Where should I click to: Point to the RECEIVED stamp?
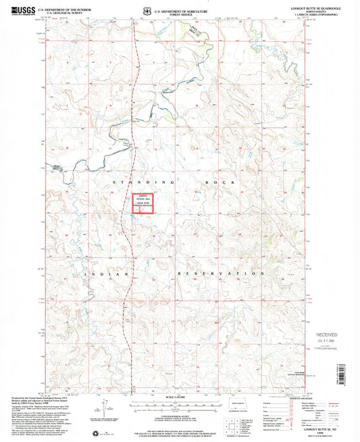[x=329, y=335]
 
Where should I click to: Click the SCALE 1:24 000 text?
[x=178, y=396]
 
